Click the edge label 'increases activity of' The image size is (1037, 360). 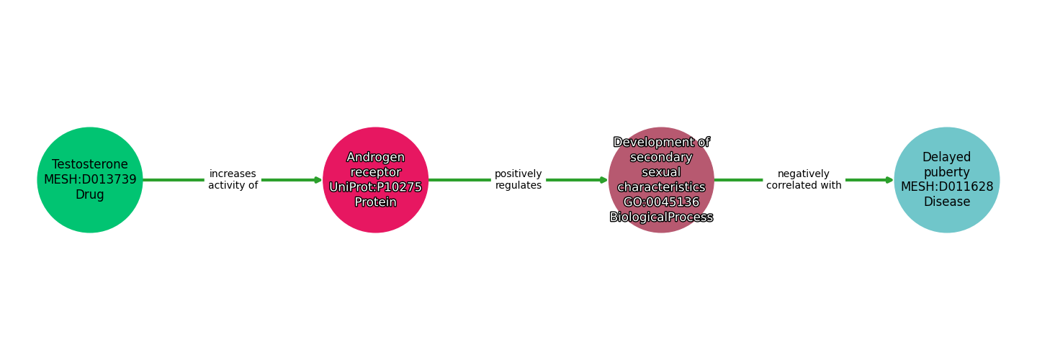233,180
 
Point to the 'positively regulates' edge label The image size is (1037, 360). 518,180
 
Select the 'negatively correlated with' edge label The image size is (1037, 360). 804,180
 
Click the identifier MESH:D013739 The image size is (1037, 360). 90,180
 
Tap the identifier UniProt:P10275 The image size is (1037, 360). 376,187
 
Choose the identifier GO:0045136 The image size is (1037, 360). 661,202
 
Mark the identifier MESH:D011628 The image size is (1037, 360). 947,187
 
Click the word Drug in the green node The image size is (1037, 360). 90,195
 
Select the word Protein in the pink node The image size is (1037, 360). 376,202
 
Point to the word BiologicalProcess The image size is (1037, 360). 661,217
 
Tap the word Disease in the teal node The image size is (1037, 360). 947,202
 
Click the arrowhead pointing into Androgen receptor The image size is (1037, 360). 318,180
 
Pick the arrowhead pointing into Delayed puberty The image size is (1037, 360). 889,180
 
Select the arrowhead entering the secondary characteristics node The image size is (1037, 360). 603,180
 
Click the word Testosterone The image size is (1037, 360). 90,165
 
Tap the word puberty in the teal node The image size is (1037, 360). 947,172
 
